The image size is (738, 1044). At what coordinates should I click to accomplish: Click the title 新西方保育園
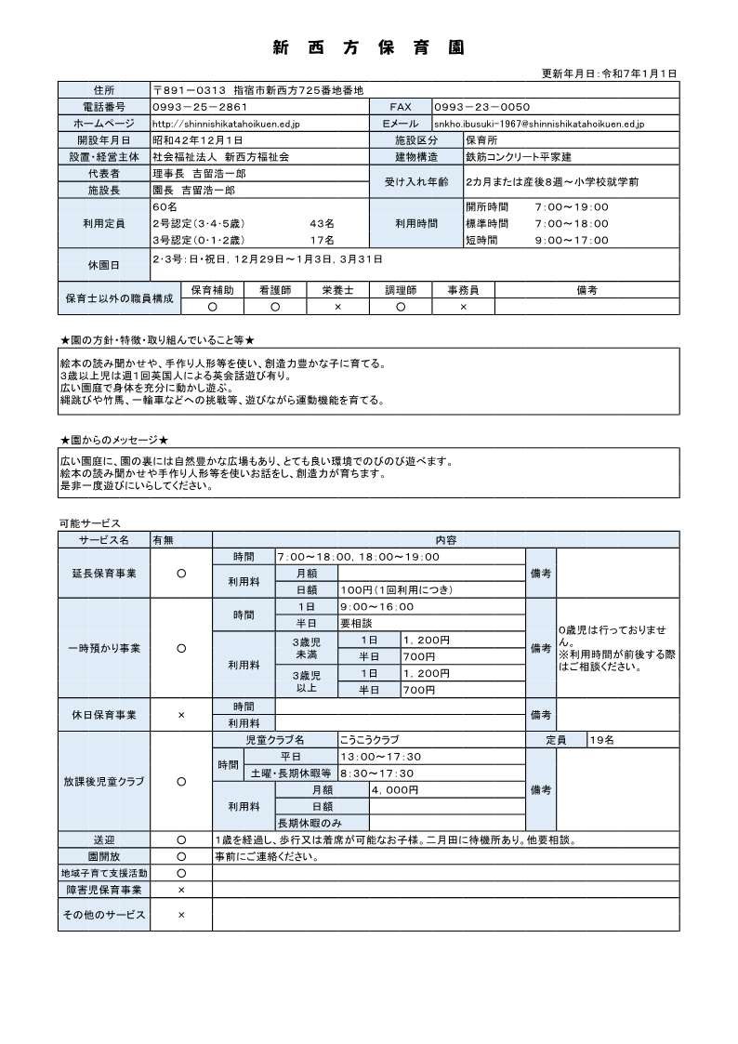click(369, 47)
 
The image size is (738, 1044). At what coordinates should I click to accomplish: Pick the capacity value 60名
click(164, 205)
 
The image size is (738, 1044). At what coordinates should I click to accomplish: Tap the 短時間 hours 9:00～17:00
click(572, 239)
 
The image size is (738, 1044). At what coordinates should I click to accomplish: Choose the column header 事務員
click(463, 290)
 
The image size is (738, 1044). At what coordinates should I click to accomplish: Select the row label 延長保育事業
click(103, 573)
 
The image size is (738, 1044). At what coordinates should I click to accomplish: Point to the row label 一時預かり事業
click(103, 647)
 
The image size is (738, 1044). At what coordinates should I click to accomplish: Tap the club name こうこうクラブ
click(370, 740)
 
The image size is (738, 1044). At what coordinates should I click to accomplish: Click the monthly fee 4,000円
click(395, 789)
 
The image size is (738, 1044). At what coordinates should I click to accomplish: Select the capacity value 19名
click(601, 740)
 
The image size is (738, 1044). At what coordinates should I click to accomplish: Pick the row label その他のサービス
click(103, 915)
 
